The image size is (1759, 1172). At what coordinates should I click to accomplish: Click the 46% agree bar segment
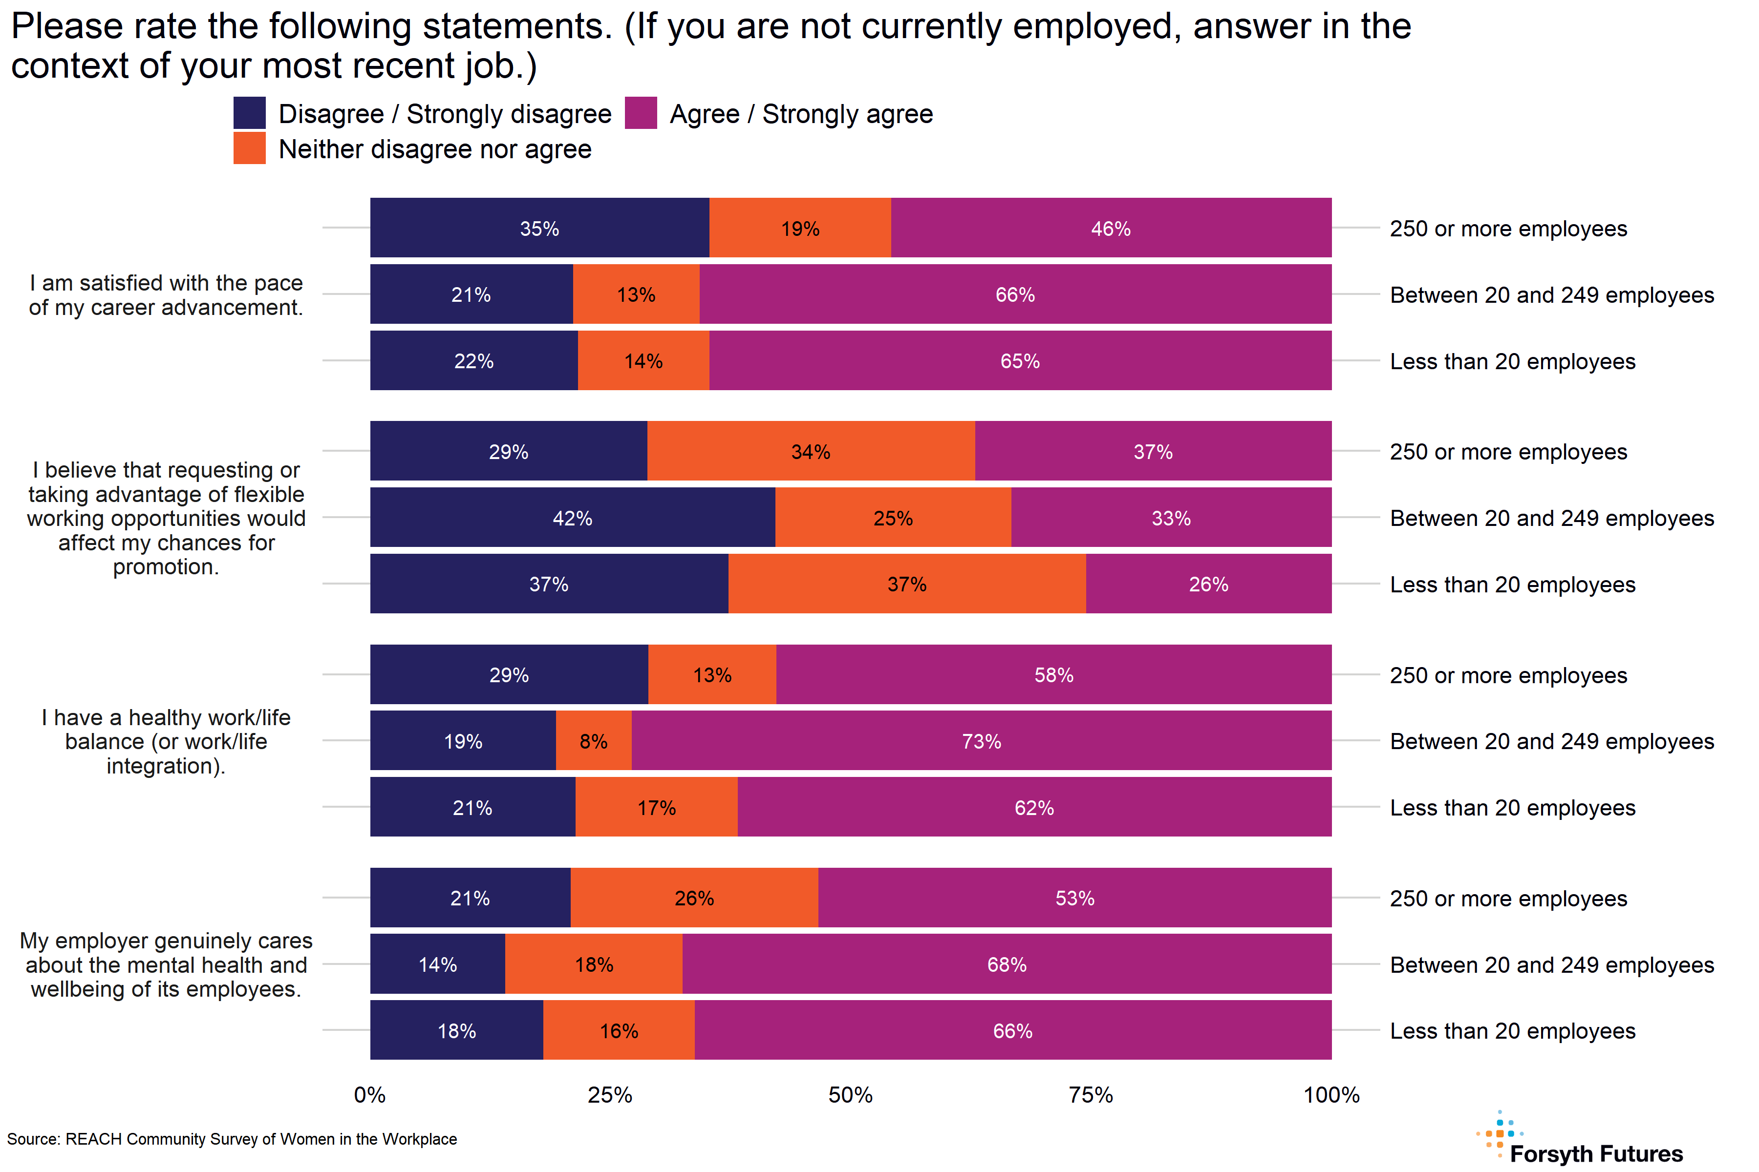coord(1111,228)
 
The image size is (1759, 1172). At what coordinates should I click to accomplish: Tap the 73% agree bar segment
coord(981,741)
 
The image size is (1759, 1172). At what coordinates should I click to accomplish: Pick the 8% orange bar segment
coord(593,741)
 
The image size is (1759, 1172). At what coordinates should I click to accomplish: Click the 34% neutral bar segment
coord(811,451)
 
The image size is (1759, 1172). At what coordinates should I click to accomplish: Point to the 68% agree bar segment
coord(1007,963)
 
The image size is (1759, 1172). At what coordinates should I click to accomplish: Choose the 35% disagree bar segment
coord(539,228)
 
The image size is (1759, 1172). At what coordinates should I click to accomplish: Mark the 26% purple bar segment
coord(1208,584)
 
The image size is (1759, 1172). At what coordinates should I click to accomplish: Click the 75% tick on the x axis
coord(1091,1095)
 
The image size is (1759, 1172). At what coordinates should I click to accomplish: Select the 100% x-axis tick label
coord(1330,1095)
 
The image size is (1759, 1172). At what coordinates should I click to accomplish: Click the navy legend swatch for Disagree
coord(249,113)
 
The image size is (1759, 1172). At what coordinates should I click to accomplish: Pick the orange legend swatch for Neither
coord(249,148)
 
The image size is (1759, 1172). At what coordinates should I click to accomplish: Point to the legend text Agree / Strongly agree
coord(801,114)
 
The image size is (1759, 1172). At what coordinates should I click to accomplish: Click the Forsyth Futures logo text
coord(1596,1153)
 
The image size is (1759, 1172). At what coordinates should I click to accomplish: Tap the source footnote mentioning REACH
coord(232,1139)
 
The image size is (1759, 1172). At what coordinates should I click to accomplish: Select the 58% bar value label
coord(1054,675)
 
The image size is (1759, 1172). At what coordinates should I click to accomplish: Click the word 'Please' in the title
coord(66,27)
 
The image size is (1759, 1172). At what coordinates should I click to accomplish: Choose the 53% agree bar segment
coord(1074,898)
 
